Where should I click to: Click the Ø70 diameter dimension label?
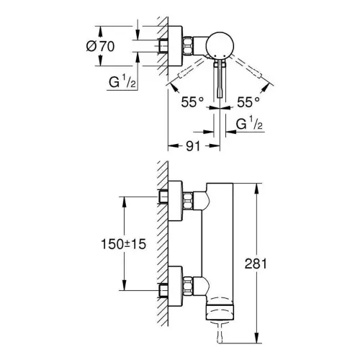click(x=100, y=46)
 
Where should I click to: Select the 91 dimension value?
click(x=193, y=146)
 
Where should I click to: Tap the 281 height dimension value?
click(x=256, y=264)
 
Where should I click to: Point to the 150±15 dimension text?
click(x=123, y=244)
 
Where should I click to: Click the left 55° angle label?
click(x=192, y=102)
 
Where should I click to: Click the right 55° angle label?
click(x=248, y=102)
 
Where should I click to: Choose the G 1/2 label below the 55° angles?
click(x=249, y=123)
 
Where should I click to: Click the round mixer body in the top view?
click(x=220, y=45)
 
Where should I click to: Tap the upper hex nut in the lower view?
click(x=188, y=201)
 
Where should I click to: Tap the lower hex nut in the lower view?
click(x=188, y=286)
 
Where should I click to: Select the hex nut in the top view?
click(x=188, y=45)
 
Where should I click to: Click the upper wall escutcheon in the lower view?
click(x=175, y=201)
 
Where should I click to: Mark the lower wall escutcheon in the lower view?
click(x=175, y=286)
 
